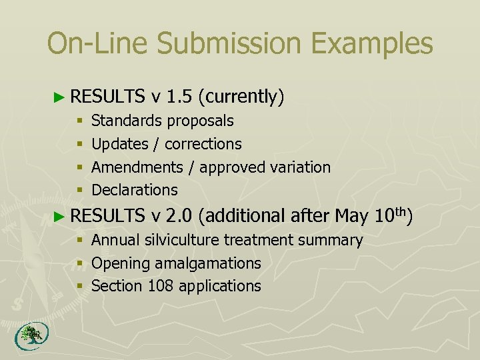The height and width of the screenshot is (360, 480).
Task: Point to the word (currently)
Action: coord(241,97)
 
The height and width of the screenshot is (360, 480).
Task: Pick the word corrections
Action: coord(203,144)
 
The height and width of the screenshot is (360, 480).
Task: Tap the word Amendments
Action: coord(137,167)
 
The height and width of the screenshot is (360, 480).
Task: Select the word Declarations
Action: coord(135,190)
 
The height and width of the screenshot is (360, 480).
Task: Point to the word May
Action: coord(351,215)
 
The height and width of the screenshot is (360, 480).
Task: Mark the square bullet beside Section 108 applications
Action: coord(80,287)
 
